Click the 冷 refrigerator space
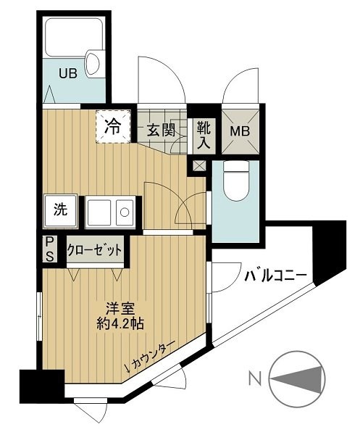click(114, 125)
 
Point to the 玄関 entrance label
click(161, 131)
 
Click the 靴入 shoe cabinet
click(203, 135)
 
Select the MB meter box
click(239, 132)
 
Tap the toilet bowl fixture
click(235, 183)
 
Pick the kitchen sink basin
click(100, 212)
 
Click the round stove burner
click(124, 212)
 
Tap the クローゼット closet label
click(94, 250)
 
